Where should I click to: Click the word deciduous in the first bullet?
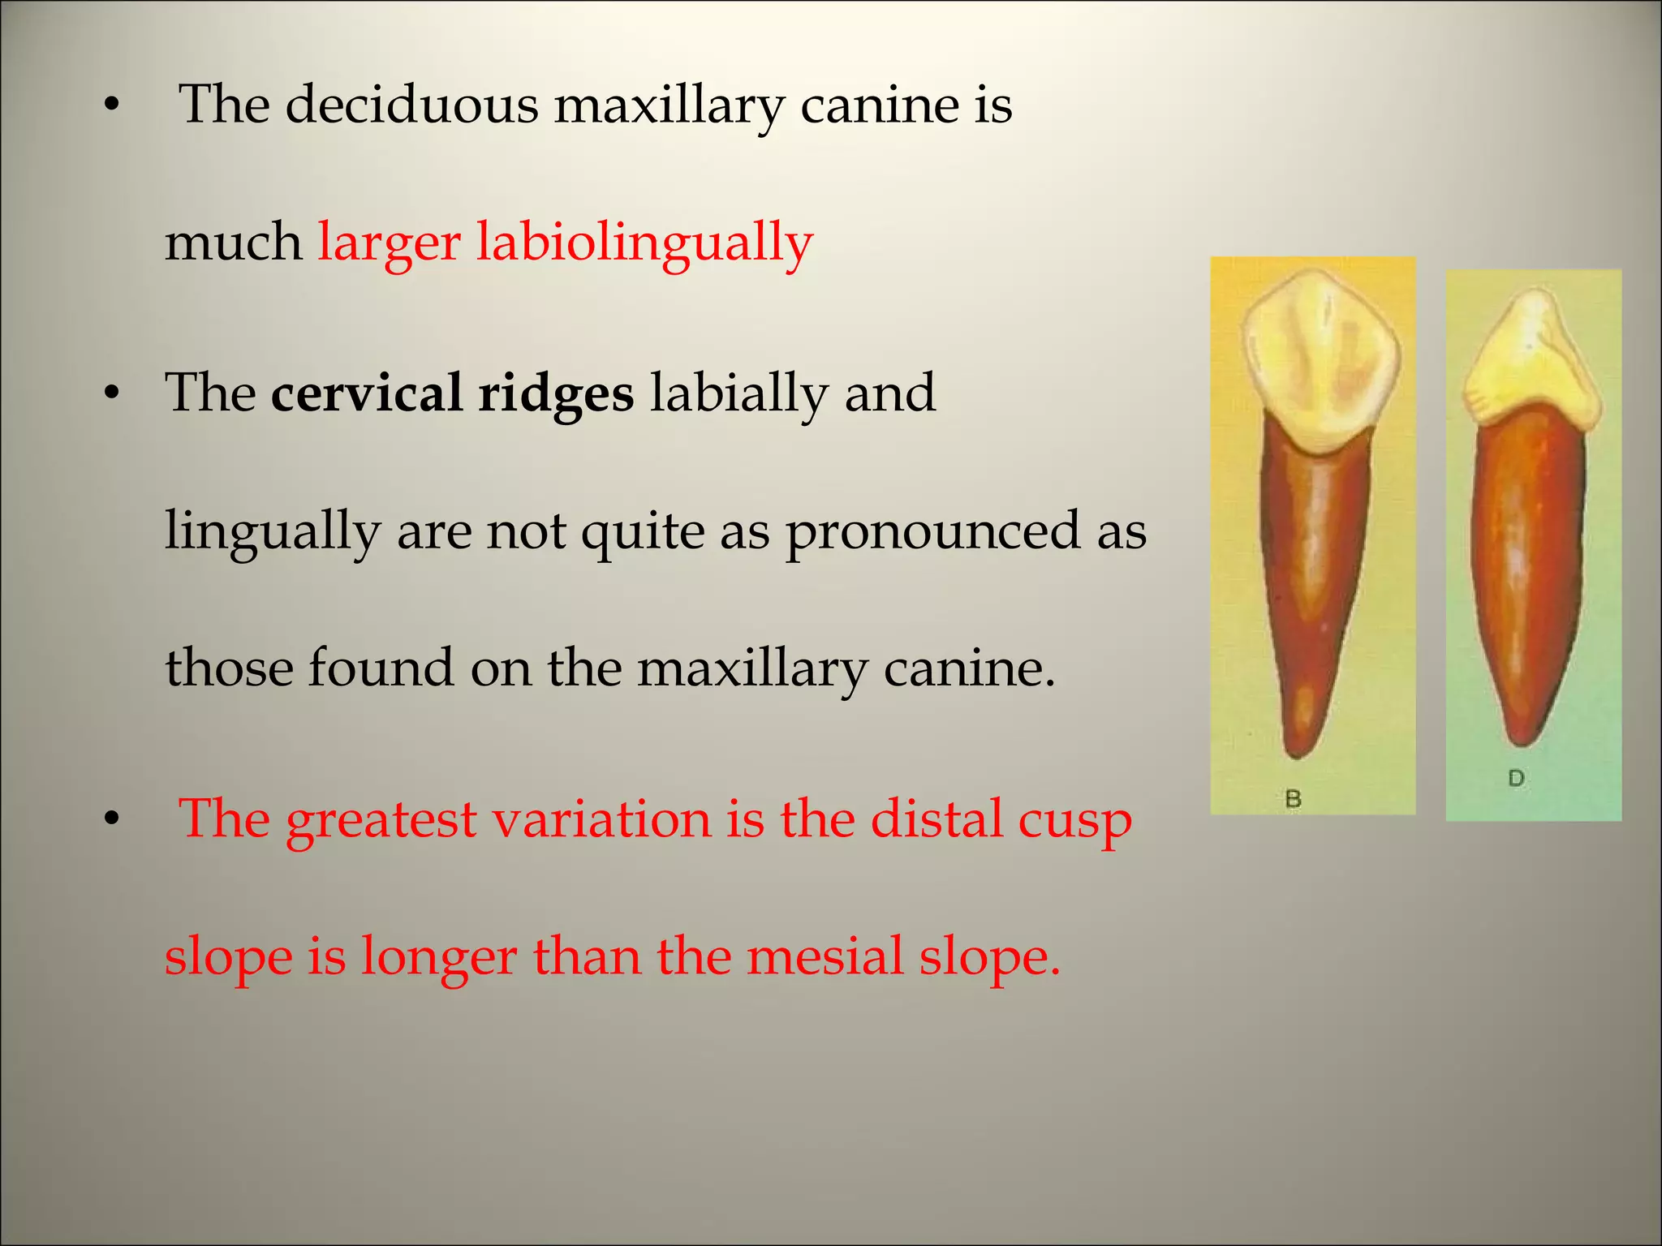pos(411,105)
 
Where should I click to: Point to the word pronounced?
pos(932,531)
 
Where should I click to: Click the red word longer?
pos(438,957)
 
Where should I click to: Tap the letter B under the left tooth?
pos(1294,799)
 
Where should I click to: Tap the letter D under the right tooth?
pos(1516,779)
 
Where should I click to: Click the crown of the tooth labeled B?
pos(1322,357)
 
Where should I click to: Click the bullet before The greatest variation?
pos(112,820)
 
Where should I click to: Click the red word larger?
pos(389,243)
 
